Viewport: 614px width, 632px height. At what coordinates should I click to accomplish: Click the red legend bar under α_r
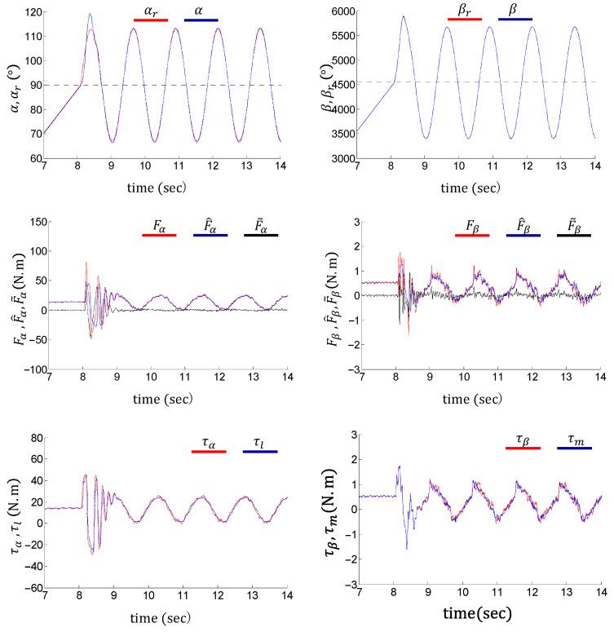(151, 20)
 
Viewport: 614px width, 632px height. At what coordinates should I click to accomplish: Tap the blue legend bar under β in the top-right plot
(515, 20)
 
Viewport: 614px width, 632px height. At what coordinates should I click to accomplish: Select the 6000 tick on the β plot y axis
(337, 12)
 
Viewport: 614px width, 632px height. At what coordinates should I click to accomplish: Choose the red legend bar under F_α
(159, 236)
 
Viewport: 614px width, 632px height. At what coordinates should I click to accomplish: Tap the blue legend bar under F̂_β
(523, 236)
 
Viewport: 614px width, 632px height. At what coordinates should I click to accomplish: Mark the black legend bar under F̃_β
(574, 236)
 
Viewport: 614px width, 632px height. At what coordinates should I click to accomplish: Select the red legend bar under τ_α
(208, 451)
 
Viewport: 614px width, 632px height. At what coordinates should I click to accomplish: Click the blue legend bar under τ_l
(260, 451)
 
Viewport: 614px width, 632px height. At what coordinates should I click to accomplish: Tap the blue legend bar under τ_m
(574, 449)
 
